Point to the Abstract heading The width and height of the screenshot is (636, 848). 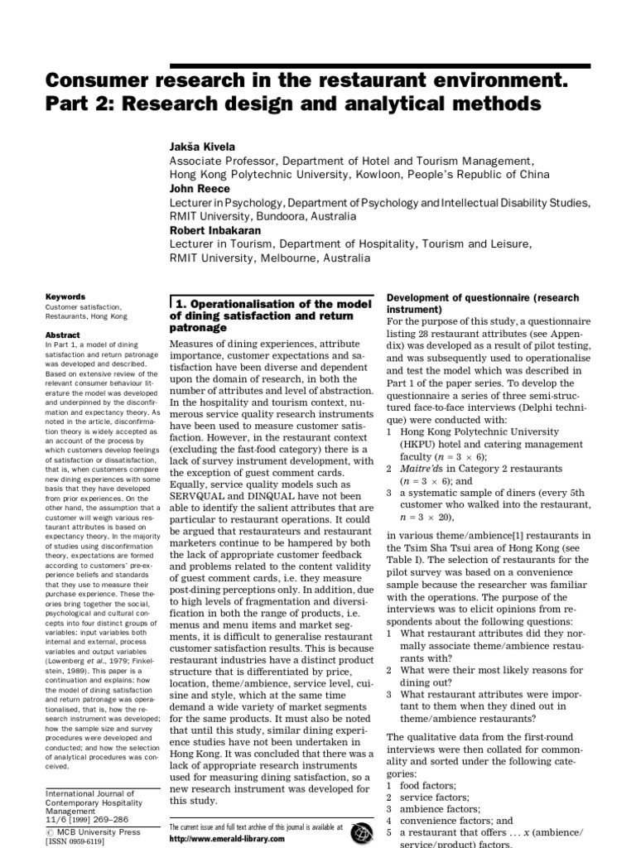pyautogui.click(x=63, y=335)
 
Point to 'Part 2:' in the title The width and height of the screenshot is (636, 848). pyautogui.click(x=76, y=105)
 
